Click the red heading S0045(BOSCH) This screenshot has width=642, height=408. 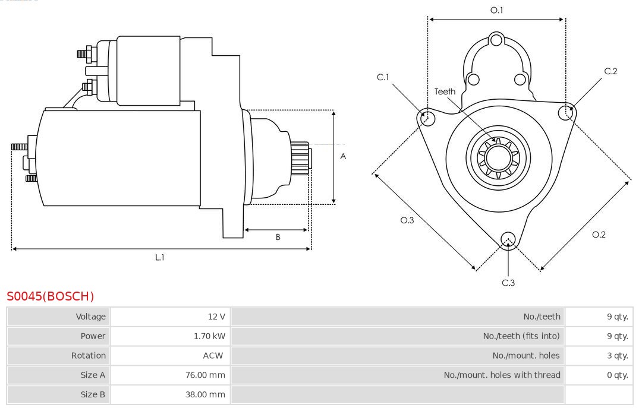point(51,296)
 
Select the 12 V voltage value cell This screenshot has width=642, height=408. point(217,317)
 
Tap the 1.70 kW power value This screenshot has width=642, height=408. point(209,336)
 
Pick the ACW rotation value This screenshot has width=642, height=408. point(213,356)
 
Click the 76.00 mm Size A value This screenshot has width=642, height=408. point(205,375)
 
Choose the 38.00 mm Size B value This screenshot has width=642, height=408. point(205,395)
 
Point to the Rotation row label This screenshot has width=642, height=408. point(89,356)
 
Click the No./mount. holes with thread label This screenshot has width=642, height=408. point(502,375)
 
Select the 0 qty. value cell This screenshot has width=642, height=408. point(618,375)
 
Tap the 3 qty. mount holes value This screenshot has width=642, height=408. point(618,356)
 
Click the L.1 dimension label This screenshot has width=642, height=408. point(160,258)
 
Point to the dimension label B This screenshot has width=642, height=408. point(278,238)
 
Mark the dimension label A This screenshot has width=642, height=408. point(343,157)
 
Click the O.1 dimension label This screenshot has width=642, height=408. point(496,10)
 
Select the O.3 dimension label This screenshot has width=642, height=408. point(407,220)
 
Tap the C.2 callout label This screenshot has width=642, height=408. point(610,71)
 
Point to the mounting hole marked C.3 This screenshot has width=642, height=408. point(508,239)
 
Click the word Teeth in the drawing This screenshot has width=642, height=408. point(445,91)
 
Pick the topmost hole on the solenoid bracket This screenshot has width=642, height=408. point(497,41)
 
